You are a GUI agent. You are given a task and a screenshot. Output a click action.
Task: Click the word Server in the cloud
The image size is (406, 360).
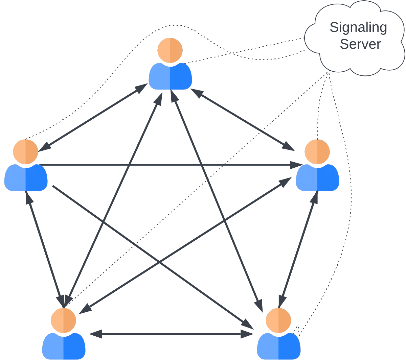(x=360, y=44)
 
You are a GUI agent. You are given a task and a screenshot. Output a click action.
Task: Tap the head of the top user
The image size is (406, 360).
(x=170, y=50)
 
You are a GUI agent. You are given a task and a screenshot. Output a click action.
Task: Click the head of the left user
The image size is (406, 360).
(x=26, y=151)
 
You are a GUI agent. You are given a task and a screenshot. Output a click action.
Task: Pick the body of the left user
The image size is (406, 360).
(x=26, y=178)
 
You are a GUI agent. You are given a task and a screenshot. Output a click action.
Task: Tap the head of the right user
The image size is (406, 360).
(x=317, y=151)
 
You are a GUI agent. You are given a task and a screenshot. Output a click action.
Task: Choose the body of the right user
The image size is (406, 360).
(x=317, y=178)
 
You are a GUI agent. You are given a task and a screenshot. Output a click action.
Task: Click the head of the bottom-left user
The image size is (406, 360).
(x=64, y=320)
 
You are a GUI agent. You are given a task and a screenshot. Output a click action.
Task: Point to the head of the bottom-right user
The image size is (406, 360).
(x=278, y=320)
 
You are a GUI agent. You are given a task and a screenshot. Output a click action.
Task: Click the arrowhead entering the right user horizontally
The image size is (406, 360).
(x=297, y=165)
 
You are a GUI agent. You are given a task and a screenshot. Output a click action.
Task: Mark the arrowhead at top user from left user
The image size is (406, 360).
(x=141, y=88)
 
